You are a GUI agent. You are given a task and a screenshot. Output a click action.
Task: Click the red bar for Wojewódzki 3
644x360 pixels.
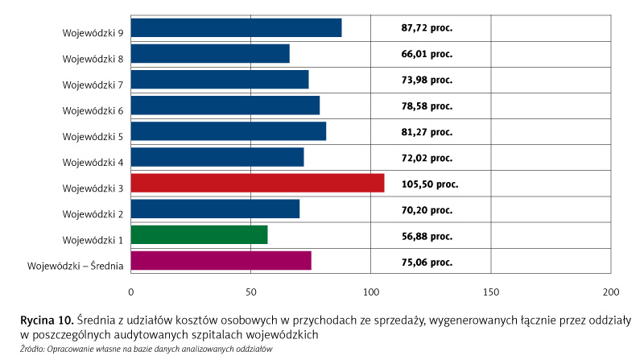(x=257, y=184)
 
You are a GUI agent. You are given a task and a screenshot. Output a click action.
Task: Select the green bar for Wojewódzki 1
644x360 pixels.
(x=199, y=235)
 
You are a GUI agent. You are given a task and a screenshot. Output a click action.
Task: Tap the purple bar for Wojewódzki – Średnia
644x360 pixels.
(x=221, y=261)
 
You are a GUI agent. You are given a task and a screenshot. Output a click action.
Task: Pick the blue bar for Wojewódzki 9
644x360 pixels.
(x=236, y=27)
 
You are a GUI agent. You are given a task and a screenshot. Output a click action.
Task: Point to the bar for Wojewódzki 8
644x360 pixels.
(x=210, y=54)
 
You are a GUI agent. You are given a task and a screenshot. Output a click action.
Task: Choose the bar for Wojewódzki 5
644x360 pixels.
(x=228, y=131)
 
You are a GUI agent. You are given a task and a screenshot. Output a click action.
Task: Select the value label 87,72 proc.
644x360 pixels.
(x=427, y=27)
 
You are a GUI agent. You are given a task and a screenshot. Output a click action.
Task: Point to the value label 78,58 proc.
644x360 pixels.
(x=427, y=106)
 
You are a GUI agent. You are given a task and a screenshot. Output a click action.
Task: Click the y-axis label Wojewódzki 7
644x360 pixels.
(x=93, y=85)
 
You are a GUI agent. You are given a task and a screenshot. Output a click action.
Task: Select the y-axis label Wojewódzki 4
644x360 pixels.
(x=93, y=163)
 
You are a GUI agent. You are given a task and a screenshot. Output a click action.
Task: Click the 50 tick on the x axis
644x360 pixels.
(x=250, y=291)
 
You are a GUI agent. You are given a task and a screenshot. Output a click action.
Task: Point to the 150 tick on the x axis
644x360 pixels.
(x=490, y=291)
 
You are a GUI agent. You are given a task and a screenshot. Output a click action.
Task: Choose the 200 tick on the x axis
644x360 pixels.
(x=610, y=291)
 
